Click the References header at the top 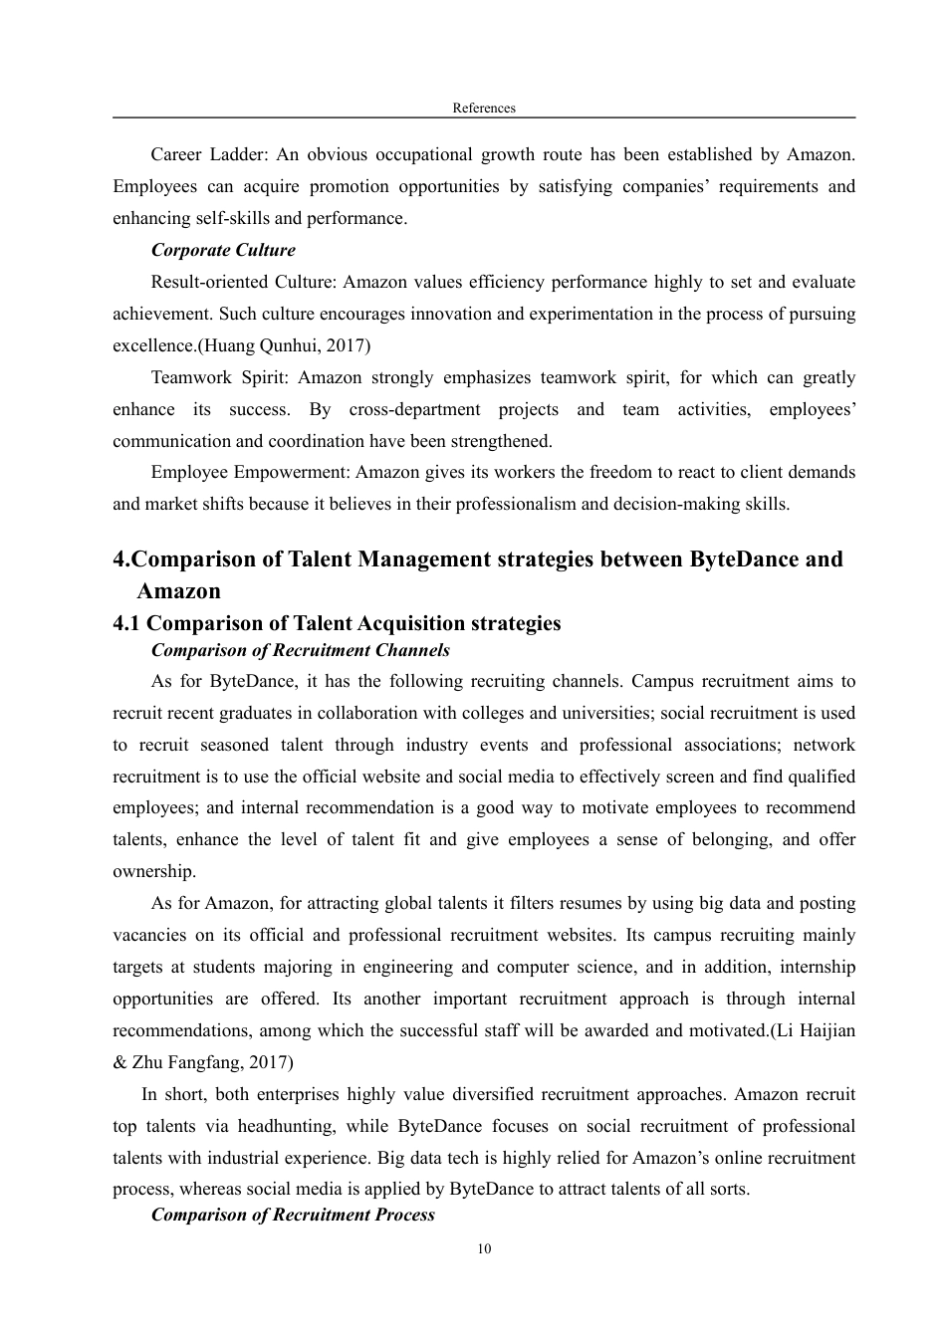tap(484, 108)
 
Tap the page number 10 tap(484, 1249)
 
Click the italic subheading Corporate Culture tap(223, 250)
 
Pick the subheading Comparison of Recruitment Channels tap(300, 650)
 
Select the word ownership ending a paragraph tap(153, 871)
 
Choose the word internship tap(817, 967)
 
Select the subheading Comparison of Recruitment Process tap(293, 1215)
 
